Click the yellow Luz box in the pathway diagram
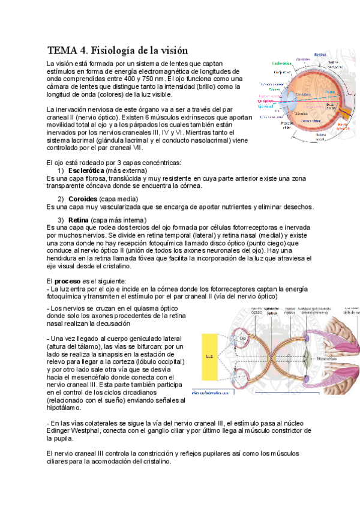click(209, 357)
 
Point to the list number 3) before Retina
click(61, 220)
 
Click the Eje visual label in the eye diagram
click(264, 106)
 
